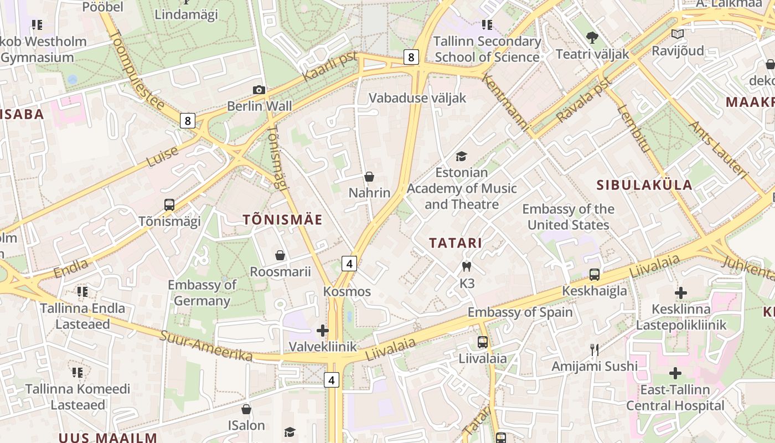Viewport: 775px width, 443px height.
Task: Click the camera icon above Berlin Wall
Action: [x=259, y=90]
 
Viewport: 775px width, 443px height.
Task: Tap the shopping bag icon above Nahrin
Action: [x=369, y=177]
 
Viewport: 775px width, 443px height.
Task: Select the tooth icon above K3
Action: [x=467, y=266]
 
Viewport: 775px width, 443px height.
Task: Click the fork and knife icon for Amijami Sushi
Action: [x=595, y=349]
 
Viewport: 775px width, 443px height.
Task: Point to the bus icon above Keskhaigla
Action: [x=595, y=274]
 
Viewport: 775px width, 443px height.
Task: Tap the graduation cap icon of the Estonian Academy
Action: [x=462, y=157]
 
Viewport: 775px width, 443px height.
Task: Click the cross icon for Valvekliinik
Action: [x=323, y=331]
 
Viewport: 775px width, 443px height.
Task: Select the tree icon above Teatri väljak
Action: [x=592, y=38]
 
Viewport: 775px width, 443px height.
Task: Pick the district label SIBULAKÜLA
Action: [x=644, y=185]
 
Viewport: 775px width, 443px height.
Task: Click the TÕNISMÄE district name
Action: [x=282, y=220]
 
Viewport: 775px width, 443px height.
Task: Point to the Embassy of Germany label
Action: [x=202, y=293]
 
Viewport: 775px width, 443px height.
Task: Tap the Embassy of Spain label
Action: [x=520, y=312]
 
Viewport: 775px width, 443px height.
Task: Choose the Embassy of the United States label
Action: [x=568, y=217]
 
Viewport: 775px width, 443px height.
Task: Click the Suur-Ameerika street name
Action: [x=206, y=346]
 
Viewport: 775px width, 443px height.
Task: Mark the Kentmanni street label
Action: [x=505, y=103]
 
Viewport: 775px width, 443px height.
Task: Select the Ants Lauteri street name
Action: [x=717, y=150]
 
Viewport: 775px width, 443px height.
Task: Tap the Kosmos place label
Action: [x=347, y=291]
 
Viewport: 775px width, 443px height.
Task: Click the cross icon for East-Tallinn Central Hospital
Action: [x=675, y=373]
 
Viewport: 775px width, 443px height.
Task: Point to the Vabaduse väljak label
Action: [x=417, y=98]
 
